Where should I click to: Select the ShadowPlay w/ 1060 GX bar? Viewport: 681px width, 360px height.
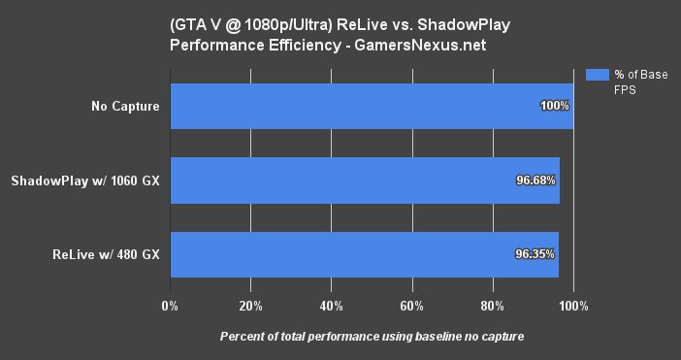tap(365, 180)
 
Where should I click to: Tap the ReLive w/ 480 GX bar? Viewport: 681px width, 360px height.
tap(364, 255)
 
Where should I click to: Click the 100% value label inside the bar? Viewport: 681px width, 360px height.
tap(555, 106)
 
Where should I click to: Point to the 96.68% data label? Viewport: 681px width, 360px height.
tap(536, 180)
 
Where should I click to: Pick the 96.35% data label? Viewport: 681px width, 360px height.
tap(535, 255)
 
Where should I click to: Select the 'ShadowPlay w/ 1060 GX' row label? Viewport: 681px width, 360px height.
tap(85, 180)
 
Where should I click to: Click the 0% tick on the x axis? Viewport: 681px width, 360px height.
tap(170, 306)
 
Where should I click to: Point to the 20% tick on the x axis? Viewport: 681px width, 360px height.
tap(250, 306)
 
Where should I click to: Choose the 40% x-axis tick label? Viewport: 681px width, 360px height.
tap(331, 306)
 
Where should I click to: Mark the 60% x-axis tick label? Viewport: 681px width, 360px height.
tap(412, 306)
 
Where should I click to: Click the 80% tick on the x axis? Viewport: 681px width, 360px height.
tap(493, 306)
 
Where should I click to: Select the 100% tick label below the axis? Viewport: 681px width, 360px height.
tap(573, 306)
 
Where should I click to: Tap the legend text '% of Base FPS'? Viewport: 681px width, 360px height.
tap(640, 82)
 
